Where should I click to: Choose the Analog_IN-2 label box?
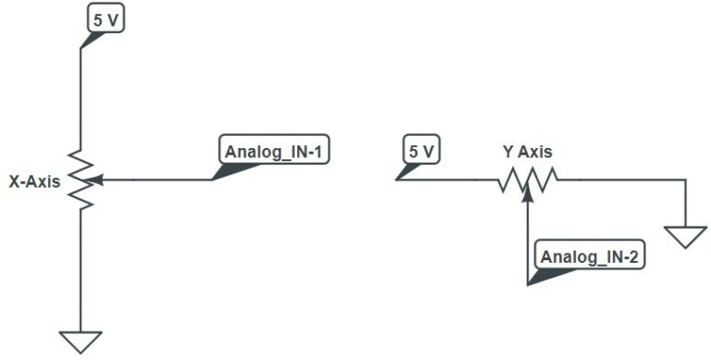590,254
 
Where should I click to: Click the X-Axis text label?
34,181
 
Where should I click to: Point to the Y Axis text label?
528,152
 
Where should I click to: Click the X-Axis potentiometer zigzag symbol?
81,180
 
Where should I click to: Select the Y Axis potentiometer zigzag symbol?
528,180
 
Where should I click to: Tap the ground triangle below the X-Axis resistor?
81,341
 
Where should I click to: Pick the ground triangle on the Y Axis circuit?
686,237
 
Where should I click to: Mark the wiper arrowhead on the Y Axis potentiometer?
528,192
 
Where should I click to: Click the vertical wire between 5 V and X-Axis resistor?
81,99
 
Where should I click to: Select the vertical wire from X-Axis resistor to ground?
81,270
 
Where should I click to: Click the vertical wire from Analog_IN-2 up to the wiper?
528,242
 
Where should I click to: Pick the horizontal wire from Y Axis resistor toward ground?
621,180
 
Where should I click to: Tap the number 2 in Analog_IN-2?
633,257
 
